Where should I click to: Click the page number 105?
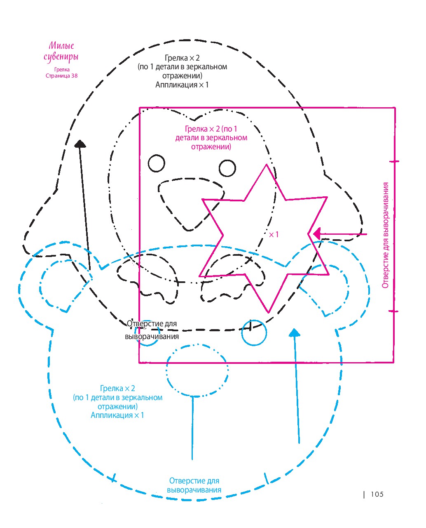(377, 494)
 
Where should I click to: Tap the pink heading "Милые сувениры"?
(61, 52)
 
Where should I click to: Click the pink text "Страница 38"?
(62, 75)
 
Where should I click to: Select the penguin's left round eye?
(157, 163)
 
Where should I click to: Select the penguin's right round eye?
(227, 168)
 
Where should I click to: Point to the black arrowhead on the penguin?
(80, 144)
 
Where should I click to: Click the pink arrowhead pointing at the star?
(317, 234)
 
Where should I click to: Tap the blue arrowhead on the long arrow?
(295, 332)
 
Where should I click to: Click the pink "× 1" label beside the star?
(274, 234)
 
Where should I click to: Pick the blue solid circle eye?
(254, 333)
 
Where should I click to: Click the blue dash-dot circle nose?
(197, 370)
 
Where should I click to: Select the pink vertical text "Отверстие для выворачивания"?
(385, 235)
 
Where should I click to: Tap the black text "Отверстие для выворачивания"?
(152, 330)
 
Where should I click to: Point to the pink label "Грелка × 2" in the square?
(202, 129)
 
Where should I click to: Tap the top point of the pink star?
(266, 165)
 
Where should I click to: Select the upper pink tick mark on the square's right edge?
(394, 162)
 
